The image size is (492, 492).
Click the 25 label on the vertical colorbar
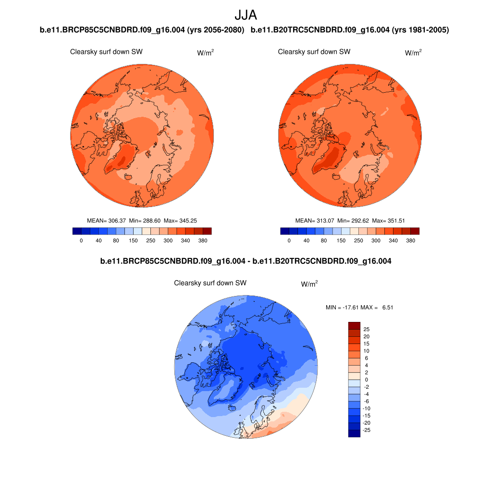(x=366, y=330)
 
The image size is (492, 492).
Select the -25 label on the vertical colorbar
(x=367, y=430)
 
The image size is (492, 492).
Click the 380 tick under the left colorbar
(x=202, y=240)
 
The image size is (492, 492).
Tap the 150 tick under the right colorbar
(x=341, y=240)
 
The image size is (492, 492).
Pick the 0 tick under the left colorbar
(x=81, y=240)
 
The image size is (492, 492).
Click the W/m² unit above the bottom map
(x=309, y=284)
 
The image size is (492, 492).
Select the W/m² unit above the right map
(x=413, y=53)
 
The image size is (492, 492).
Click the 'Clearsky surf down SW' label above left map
(x=106, y=52)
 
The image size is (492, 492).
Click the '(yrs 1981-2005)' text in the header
(x=420, y=30)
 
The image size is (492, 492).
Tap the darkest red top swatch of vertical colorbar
(x=354, y=325)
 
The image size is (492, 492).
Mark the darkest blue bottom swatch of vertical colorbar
(x=354, y=433)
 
